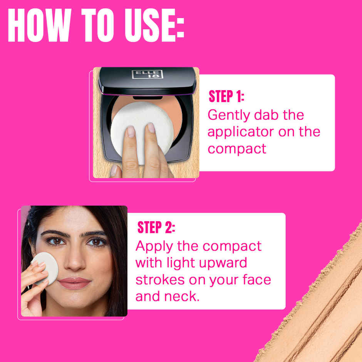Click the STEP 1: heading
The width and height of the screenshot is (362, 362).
(x=226, y=97)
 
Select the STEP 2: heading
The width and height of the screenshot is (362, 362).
(x=156, y=228)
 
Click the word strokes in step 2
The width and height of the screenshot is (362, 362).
(x=160, y=280)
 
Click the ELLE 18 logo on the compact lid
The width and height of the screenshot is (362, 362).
(x=147, y=74)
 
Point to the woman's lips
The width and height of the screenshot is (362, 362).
(x=74, y=283)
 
